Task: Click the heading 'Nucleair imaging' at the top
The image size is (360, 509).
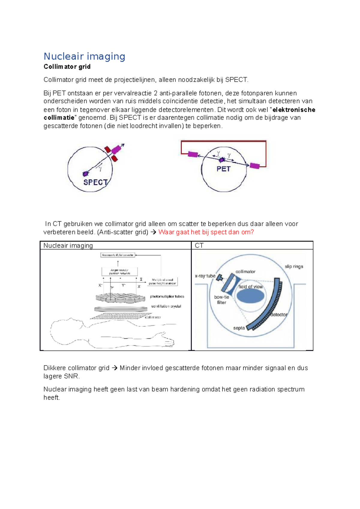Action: [84, 56]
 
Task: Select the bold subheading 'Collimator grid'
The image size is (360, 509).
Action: [67, 67]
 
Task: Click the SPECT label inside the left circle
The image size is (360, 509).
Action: [95, 182]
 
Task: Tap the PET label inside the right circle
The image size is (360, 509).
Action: [223, 169]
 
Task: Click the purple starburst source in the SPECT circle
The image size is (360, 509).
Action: [86, 173]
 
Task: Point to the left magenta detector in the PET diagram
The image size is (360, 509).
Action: [193, 155]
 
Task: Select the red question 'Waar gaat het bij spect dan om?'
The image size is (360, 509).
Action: [206, 232]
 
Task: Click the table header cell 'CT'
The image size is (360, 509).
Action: [199, 246]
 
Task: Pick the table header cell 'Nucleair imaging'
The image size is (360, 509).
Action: [68, 246]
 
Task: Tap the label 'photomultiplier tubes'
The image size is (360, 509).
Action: [167, 296]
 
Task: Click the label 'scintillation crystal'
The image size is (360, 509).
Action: [166, 306]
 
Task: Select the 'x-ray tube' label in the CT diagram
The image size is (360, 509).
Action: [205, 276]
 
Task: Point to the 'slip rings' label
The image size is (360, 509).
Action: [294, 266]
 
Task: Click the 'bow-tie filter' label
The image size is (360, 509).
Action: [222, 300]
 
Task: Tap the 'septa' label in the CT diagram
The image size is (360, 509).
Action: [239, 328]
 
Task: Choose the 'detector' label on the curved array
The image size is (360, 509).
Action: [279, 314]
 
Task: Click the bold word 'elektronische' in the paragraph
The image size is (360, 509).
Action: [294, 110]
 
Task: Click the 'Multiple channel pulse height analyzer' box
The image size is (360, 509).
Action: [162, 281]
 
